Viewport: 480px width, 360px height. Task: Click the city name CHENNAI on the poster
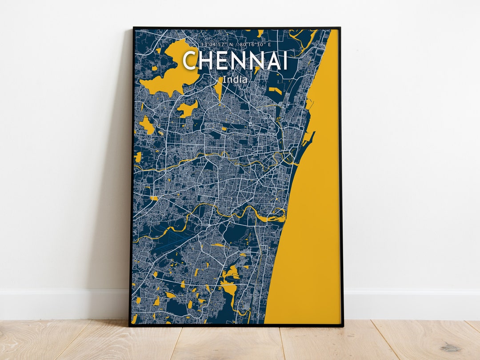(235, 61)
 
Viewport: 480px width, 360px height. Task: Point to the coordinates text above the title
(235, 44)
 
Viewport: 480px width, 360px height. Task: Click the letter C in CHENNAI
(190, 61)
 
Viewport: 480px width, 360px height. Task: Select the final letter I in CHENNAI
(284, 61)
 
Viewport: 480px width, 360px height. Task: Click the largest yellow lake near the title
(172, 71)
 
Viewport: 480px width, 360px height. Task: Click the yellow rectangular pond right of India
(275, 92)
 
